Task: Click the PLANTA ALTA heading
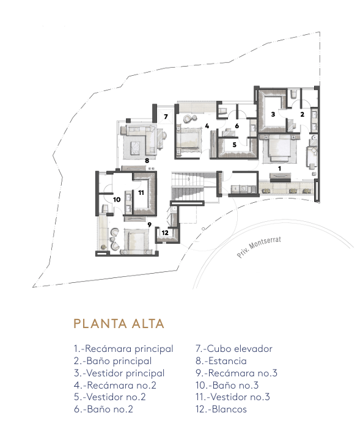pyautogui.click(x=119, y=324)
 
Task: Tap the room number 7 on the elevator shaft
pyautogui.click(x=166, y=117)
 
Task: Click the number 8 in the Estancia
pyautogui.click(x=147, y=161)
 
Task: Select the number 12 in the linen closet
pyautogui.click(x=165, y=233)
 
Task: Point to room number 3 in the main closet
pyautogui.click(x=273, y=114)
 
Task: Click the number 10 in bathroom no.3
pyautogui.click(x=117, y=200)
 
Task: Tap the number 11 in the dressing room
pyautogui.click(x=141, y=192)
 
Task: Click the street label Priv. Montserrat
pyautogui.click(x=259, y=247)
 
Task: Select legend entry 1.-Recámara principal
pyautogui.click(x=123, y=349)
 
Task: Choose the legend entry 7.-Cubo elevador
pyautogui.click(x=233, y=349)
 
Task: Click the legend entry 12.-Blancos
pyautogui.click(x=221, y=409)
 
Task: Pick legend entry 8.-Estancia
pyautogui.click(x=221, y=361)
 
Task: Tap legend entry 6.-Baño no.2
pyautogui.click(x=103, y=409)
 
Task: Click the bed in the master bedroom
pyautogui.click(x=279, y=148)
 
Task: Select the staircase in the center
pyautogui.click(x=188, y=186)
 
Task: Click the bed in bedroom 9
pyautogui.click(x=136, y=241)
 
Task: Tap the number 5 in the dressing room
pyautogui.click(x=235, y=145)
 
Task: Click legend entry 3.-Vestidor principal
pyautogui.click(x=119, y=373)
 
